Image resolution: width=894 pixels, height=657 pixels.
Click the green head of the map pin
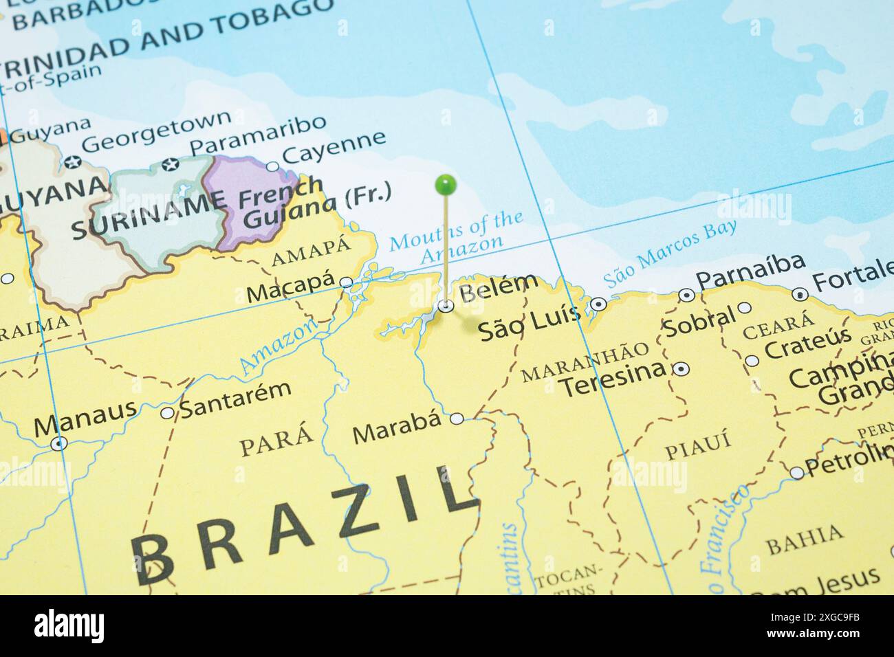tap(446, 184)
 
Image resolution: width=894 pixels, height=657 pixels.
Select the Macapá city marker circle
tap(346, 282)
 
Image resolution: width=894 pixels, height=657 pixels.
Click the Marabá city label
tap(397, 432)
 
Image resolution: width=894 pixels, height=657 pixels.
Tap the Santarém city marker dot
tap(167, 413)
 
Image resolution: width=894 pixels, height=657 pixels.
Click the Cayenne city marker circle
tap(273, 166)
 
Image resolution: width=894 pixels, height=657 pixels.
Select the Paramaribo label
tap(257, 134)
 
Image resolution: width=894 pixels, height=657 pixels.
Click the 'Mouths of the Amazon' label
tap(457, 234)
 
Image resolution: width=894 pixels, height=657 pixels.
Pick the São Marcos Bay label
tap(670, 254)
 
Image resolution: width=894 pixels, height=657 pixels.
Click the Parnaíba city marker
tap(686, 296)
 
